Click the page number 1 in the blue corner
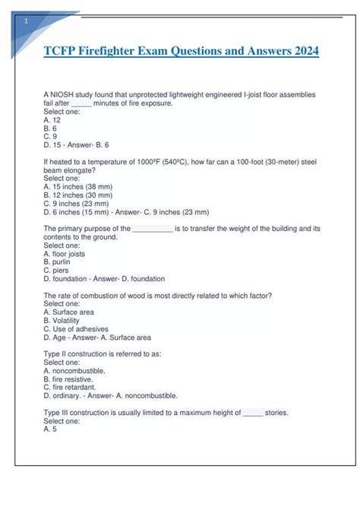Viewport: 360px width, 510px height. (27, 21)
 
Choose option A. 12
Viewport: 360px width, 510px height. (52, 119)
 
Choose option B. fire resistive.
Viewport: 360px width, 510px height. (69, 379)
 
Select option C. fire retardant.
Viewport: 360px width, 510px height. (71, 387)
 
